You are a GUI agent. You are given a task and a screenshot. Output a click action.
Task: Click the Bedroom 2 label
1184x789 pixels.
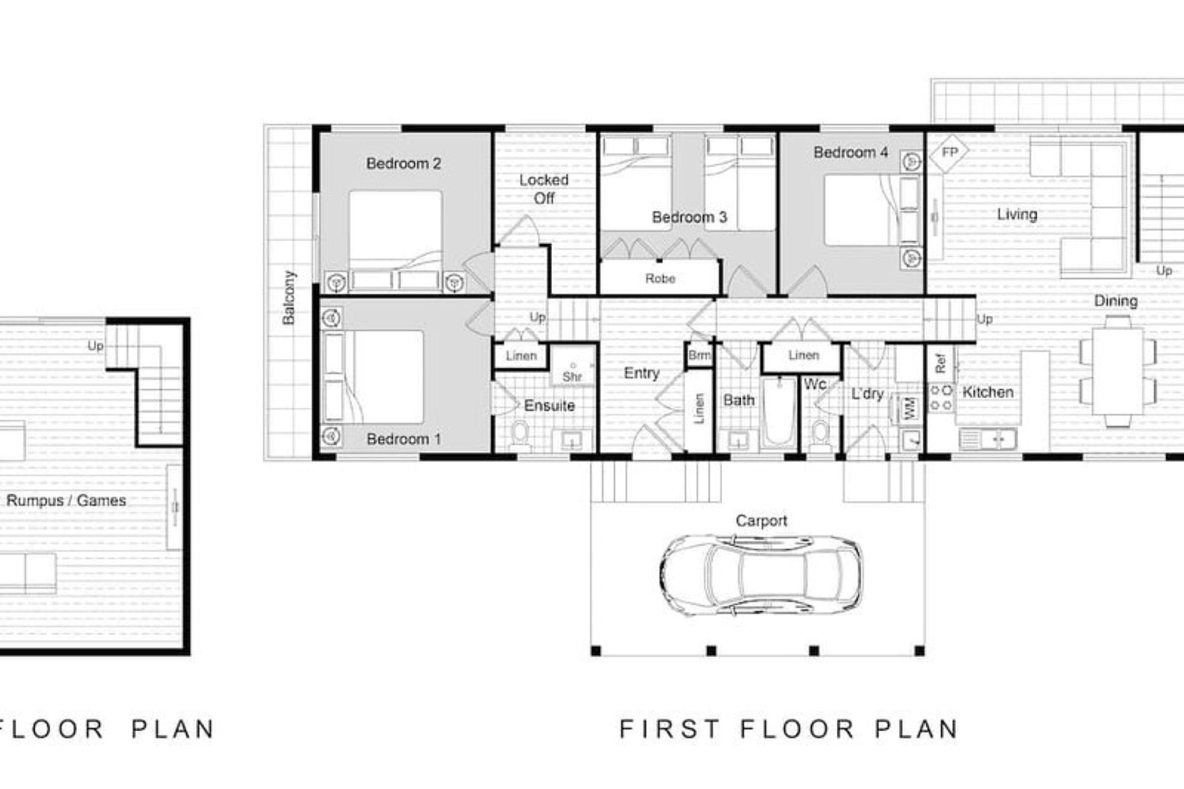tap(403, 163)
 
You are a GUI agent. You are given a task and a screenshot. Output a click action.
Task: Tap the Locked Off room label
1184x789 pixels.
tap(543, 189)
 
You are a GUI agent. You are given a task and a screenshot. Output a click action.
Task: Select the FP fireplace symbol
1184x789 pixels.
tap(949, 152)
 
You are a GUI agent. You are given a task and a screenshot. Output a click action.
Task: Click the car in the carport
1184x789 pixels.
tap(761, 574)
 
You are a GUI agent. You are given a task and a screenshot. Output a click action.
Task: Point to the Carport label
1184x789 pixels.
tap(761, 521)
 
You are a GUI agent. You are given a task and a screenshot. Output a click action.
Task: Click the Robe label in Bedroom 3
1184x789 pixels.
tap(660, 279)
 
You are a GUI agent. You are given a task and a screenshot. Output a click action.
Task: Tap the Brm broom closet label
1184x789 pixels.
tap(699, 355)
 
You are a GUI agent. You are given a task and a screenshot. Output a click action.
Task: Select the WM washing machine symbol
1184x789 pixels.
tap(910, 408)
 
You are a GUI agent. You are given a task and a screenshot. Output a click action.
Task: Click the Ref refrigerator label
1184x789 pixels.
tap(940, 363)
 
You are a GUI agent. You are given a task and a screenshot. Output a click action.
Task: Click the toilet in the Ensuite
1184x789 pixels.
tap(520, 434)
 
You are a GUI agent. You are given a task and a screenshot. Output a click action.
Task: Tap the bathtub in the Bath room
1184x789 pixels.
tap(779, 413)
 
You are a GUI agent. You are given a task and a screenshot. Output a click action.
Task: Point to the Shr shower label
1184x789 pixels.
tap(572, 376)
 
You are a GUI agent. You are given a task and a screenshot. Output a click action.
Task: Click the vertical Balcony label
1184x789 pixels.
tap(289, 297)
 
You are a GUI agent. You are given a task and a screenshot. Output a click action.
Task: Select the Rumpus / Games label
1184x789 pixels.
tap(66, 500)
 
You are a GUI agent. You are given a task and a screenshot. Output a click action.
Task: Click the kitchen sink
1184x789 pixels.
tap(987, 439)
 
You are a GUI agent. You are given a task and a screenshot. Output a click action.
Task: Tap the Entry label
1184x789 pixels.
tap(641, 373)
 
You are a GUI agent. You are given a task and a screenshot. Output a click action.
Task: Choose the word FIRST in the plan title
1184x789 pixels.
tap(670, 729)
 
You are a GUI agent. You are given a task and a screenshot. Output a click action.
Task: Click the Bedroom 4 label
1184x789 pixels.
tap(850, 152)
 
